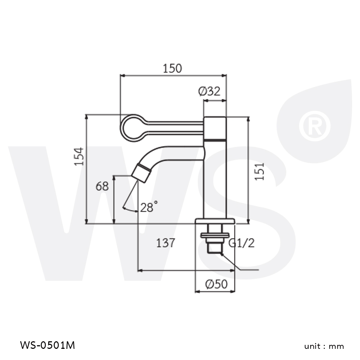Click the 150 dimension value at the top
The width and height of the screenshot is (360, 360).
pos(172,68)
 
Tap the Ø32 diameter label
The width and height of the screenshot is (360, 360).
pos(209,91)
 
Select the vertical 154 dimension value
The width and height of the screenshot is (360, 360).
pos(78,156)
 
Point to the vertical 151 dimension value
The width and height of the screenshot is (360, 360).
pos(260,171)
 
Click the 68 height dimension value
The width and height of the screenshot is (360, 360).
pos(102,186)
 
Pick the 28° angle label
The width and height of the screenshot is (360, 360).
pos(149,207)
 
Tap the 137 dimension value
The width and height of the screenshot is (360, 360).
pos(166,243)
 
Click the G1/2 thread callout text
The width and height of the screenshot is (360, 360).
pos(242,243)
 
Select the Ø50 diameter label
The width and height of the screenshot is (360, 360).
pos(216,284)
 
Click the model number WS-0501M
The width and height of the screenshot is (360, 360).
pos(48,345)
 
